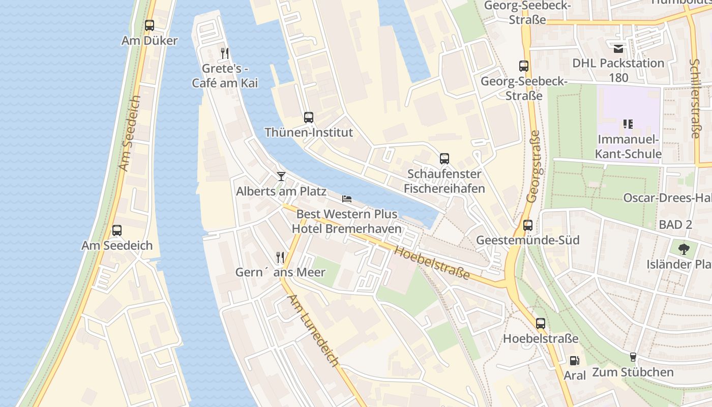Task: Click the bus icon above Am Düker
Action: point(150,25)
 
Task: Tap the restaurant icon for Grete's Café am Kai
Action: point(225,53)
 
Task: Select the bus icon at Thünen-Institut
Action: point(309,118)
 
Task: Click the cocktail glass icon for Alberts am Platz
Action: point(281,177)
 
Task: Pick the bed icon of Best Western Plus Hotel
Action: point(347,198)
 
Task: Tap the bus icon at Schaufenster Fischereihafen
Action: point(444,159)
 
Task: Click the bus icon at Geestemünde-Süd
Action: point(528,225)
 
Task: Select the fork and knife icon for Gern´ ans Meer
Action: point(280,257)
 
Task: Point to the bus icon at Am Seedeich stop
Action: point(117,230)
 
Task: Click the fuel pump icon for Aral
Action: point(574,360)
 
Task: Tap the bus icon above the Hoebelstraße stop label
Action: point(541,323)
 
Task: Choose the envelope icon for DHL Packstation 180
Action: point(618,49)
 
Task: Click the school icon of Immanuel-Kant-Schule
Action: point(628,124)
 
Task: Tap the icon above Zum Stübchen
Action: point(633,357)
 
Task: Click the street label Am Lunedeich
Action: point(313,331)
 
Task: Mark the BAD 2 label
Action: point(675,224)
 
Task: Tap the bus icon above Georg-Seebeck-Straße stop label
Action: point(524,66)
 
